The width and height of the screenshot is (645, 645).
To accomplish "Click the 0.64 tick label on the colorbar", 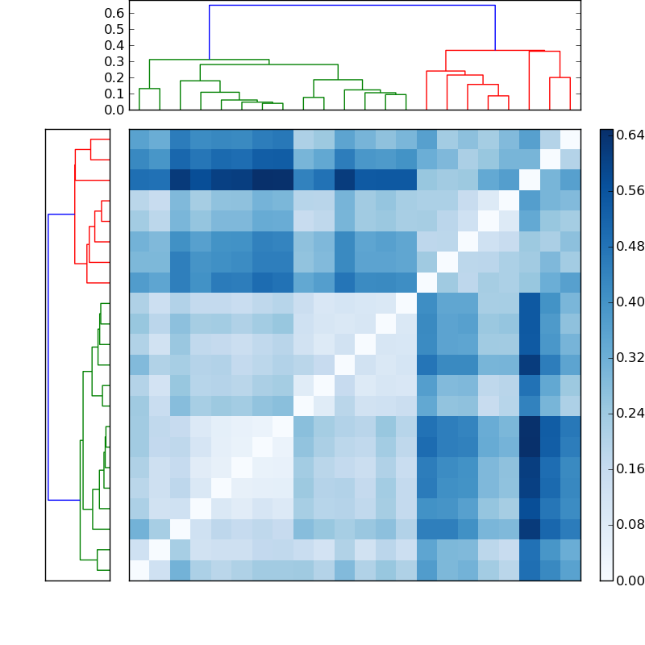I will point(630,135).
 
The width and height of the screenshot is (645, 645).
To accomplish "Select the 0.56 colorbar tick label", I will point(630,191).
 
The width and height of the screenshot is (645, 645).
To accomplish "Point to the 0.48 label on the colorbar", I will point(630,247).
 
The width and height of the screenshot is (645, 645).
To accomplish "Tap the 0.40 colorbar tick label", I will point(630,302).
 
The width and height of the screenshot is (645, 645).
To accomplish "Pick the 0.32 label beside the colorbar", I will point(630,357).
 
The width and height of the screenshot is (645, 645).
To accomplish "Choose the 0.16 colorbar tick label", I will point(630,468).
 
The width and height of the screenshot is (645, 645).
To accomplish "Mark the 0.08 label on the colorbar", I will point(630,524).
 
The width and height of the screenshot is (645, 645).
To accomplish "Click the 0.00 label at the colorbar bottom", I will point(630,580).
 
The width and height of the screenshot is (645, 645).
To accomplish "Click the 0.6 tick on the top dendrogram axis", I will point(114,14).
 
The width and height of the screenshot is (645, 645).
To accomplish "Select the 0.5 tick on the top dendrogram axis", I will point(114,30).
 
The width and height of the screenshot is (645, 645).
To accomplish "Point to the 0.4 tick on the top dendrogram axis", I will point(114,46).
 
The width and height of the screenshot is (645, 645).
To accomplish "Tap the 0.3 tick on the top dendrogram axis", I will point(114,62).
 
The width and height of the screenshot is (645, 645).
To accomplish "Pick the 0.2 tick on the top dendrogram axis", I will point(114,77).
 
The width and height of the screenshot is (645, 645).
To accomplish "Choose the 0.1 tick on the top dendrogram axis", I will point(114,94).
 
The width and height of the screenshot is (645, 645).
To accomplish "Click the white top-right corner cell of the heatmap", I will point(570,139).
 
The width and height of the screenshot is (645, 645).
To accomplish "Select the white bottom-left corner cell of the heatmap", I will point(139,570).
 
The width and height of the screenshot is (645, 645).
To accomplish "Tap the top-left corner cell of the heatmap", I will point(139,139).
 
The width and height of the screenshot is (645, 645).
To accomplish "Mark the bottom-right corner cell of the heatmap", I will point(570,570).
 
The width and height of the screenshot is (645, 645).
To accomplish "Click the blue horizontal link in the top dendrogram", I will point(352,6).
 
